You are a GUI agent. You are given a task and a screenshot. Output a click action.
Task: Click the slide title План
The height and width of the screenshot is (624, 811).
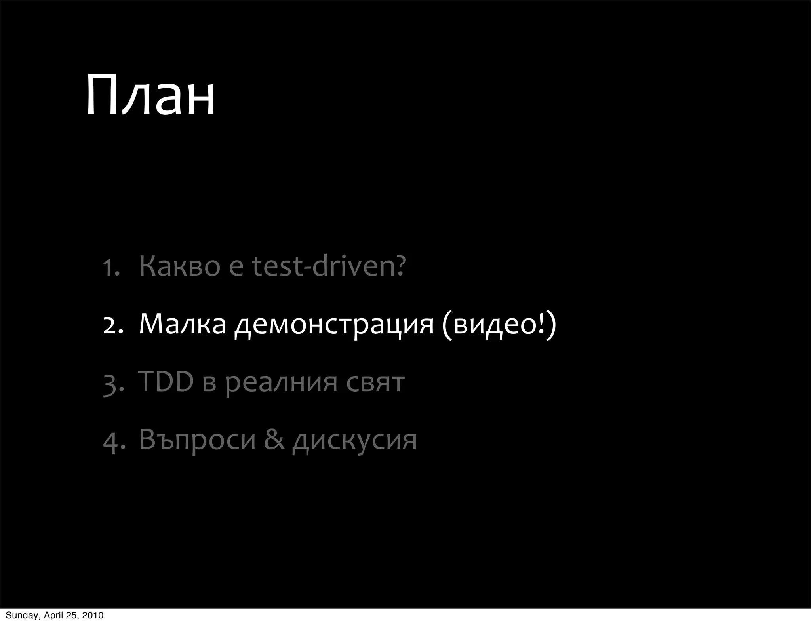point(150,96)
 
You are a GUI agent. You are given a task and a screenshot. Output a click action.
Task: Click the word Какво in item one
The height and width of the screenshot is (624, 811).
point(179,266)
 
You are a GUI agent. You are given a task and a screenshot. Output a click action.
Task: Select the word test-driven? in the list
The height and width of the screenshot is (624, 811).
point(329,266)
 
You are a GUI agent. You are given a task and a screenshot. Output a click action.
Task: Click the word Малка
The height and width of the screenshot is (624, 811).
point(182,324)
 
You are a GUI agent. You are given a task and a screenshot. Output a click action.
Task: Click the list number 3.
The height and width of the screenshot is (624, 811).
point(113,383)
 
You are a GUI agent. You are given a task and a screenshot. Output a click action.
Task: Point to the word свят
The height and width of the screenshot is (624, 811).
point(375,382)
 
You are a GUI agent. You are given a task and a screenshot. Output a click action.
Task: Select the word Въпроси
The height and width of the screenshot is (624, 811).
point(197,439)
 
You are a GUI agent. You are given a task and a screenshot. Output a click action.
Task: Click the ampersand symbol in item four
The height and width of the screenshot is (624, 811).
point(274,439)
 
